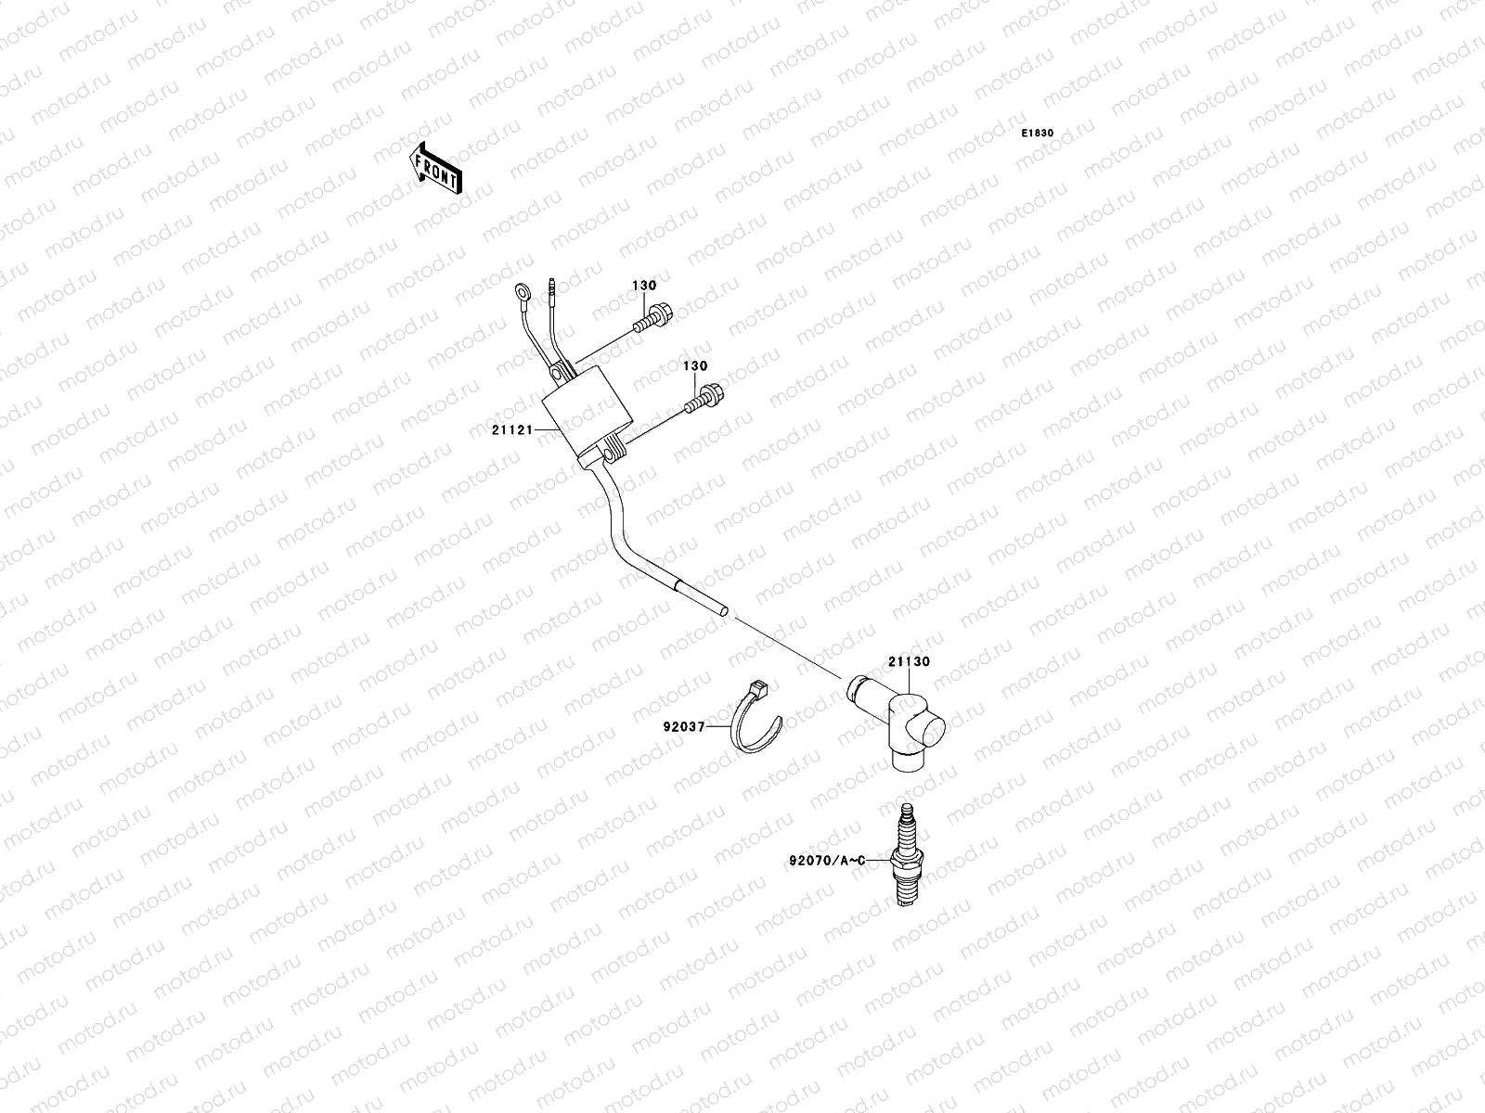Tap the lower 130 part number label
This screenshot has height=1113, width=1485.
click(x=695, y=367)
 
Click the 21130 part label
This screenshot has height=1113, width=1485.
click(x=909, y=662)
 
